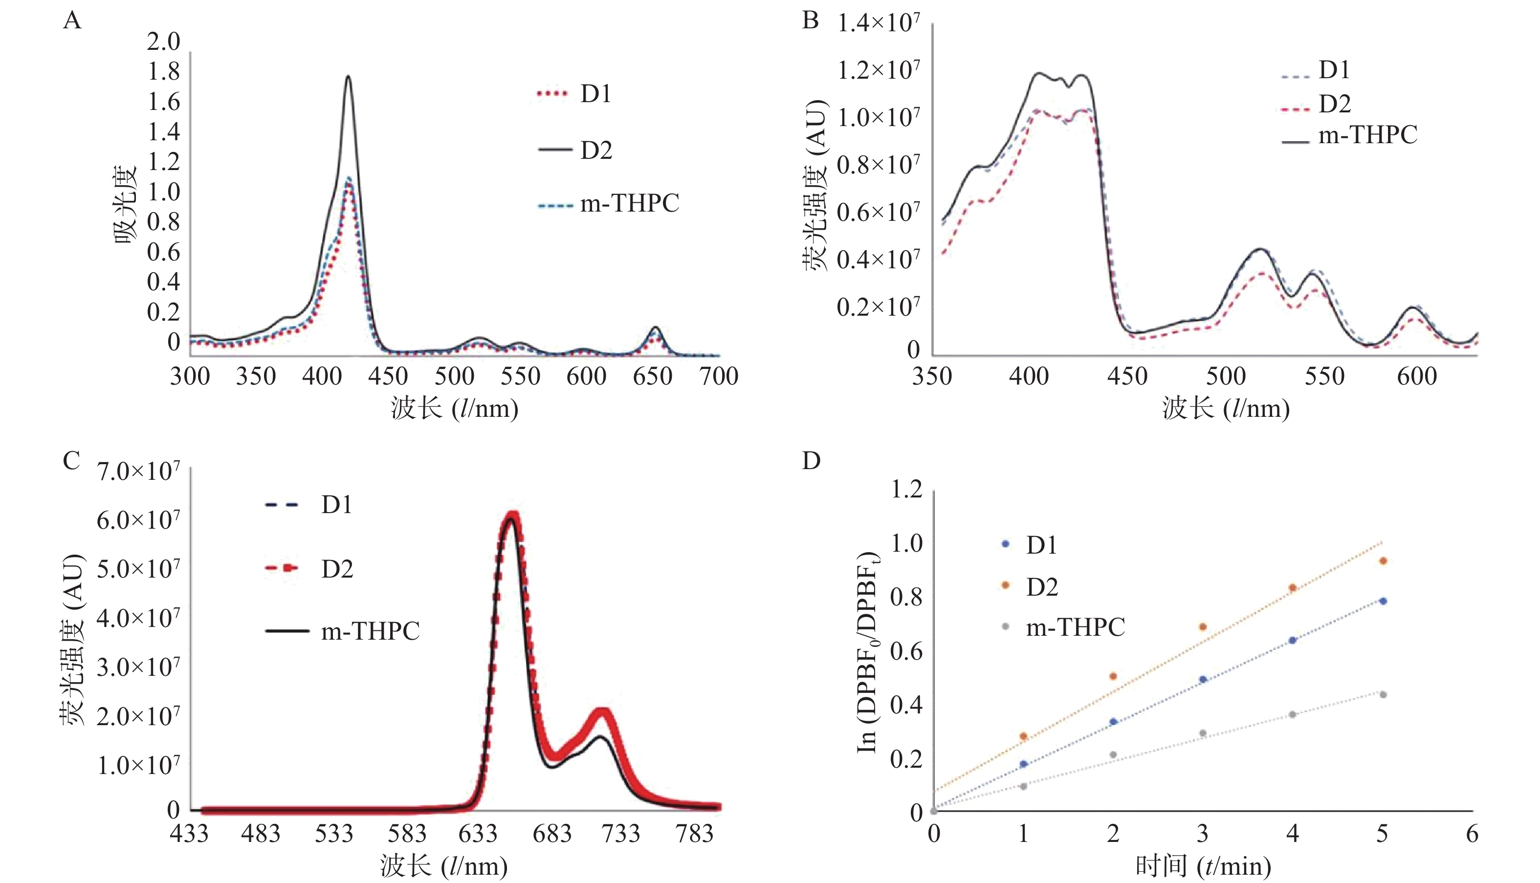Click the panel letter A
pyautogui.click(x=72, y=21)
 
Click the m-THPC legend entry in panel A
pyautogui.click(x=629, y=204)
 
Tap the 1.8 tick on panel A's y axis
pyautogui.click(x=164, y=71)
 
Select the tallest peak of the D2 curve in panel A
pyautogui.click(x=348, y=76)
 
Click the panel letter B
pyautogui.click(x=811, y=21)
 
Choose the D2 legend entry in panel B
pyautogui.click(x=1334, y=104)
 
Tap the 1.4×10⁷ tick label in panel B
pyautogui.click(x=878, y=23)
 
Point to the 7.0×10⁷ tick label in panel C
pyautogui.click(x=138, y=471)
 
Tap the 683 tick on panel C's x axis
pyautogui.click(x=552, y=834)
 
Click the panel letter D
pyautogui.click(x=811, y=461)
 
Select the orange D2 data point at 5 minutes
pyautogui.click(x=1383, y=561)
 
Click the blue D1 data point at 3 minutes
pyautogui.click(x=1203, y=679)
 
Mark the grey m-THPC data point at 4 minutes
pyautogui.click(x=1293, y=714)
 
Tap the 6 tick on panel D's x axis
pyautogui.click(x=1472, y=834)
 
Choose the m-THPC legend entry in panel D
pyautogui.click(x=1075, y=627)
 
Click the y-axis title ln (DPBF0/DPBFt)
pyautogui.click(x=867, y=652)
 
